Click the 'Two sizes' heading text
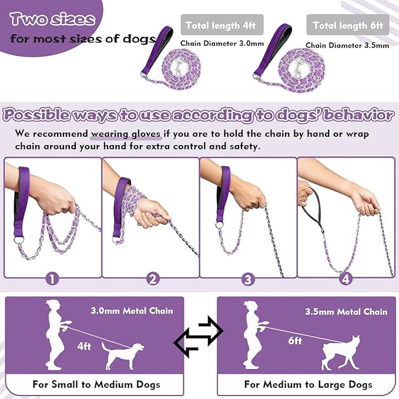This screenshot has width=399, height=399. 52,19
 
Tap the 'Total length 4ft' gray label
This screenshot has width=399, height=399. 221,25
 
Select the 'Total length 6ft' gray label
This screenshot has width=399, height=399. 348,25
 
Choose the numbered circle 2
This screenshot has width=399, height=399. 152,279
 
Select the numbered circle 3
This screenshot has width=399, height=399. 249,279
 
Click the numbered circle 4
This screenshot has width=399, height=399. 346,279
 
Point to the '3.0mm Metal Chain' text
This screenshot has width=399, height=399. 132,310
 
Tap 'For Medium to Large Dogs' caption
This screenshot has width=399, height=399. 308,384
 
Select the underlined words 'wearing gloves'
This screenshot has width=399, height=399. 125,133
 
